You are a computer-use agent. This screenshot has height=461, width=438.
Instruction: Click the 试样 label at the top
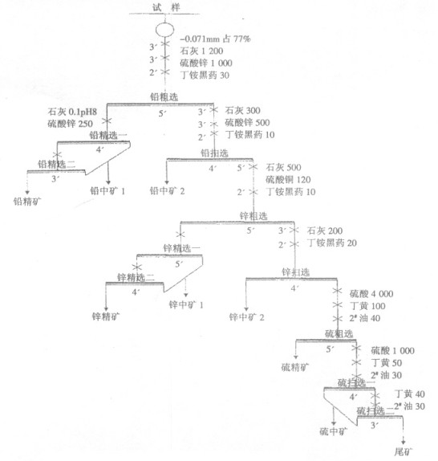click(164, 7)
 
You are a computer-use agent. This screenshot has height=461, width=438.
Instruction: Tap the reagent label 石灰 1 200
click(203, 51)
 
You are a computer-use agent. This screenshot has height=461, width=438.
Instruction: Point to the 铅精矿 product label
click(26, 201)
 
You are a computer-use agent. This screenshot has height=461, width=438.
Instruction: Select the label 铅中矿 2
click(168, 191)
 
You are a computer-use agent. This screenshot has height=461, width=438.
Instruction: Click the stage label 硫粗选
click(338, 332)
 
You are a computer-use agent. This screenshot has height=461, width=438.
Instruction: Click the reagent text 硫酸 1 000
click(392, 351)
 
